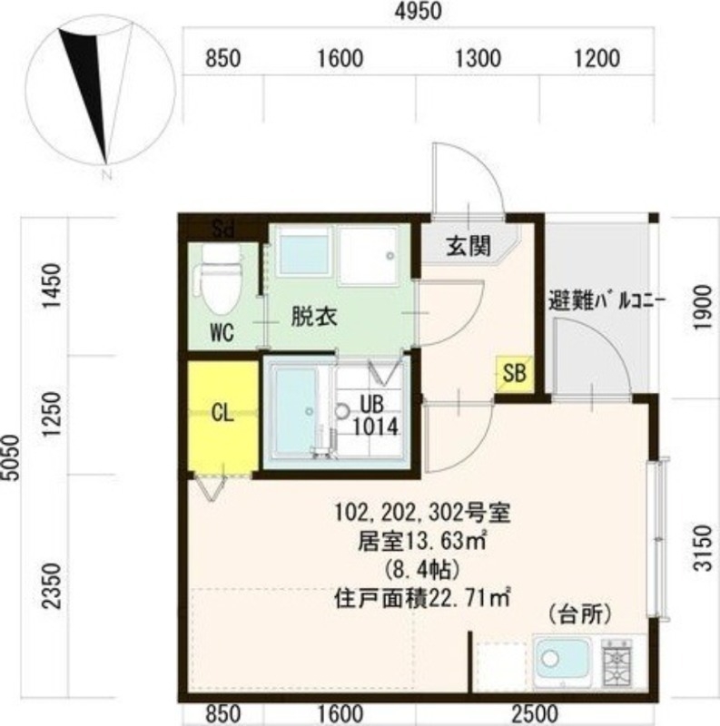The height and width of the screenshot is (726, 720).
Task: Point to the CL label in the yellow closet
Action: pyautogui.click(x=222, y=413)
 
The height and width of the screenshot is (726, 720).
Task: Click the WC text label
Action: pyautogui.click(x=222, y=333)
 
